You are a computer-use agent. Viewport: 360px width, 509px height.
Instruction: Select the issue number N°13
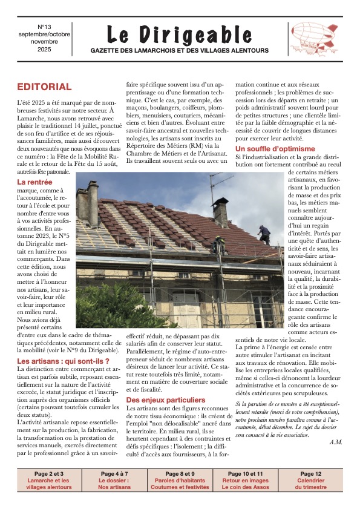45,27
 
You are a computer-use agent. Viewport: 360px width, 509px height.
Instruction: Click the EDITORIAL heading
44,87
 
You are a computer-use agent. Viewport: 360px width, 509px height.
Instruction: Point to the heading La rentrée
34,182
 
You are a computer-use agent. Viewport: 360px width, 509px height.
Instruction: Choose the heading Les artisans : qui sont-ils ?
63,361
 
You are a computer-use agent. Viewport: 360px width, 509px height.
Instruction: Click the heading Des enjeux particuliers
165,400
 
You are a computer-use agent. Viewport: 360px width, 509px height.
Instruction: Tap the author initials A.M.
336,442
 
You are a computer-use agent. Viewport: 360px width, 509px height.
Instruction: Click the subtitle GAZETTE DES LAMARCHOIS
180,50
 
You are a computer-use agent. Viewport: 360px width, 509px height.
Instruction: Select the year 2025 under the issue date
45,50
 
